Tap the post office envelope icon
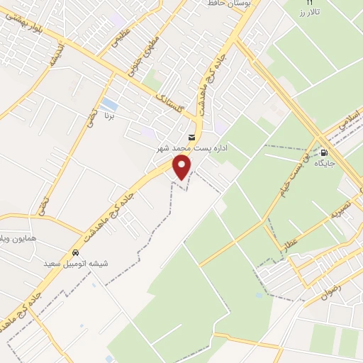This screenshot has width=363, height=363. coord(191,137)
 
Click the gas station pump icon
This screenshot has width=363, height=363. coord(324,152)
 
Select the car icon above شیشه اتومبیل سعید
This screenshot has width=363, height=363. coord(75,253)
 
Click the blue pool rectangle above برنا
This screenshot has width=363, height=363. coord(109,104)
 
